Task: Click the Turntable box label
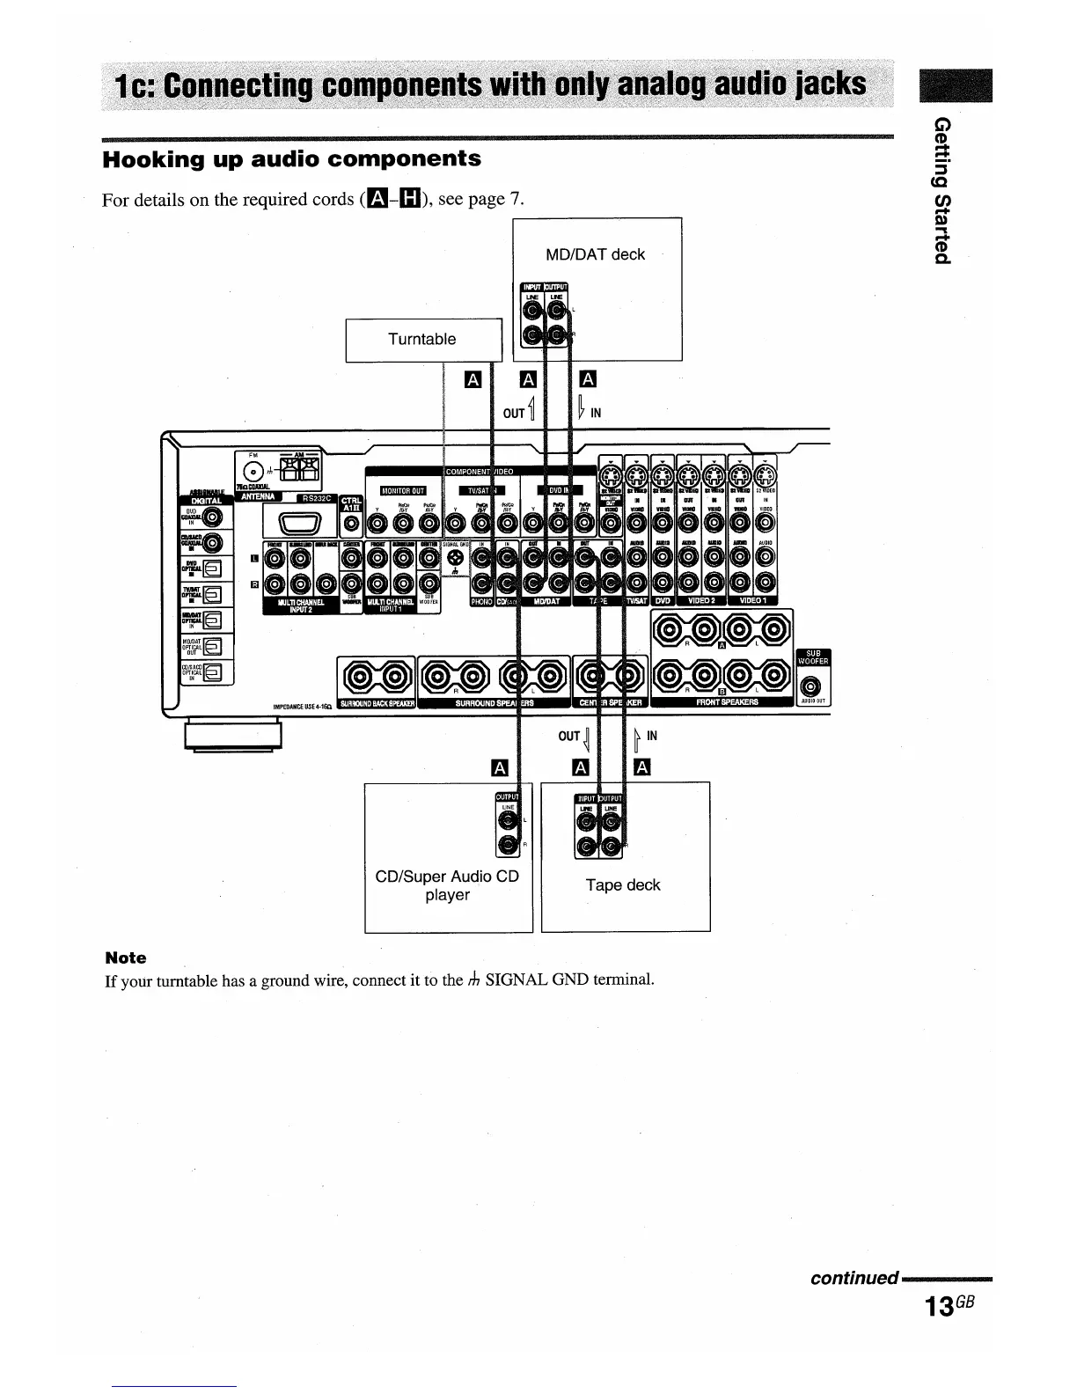click(x=422, y=339)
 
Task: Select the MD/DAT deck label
click(x=596, y=254)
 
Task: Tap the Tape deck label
click(x=623, y=884)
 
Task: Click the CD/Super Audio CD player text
click(x=447, y=885)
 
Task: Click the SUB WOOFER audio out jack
click(x=812, y=686)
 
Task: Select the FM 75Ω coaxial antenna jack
click(x=253, y=470)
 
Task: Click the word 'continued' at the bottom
click(x=854, y=1277)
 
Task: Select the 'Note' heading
click(x=126, y=957)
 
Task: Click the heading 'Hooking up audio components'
click(x=292, y=159)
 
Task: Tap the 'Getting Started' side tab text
click(x=941, y=188)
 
